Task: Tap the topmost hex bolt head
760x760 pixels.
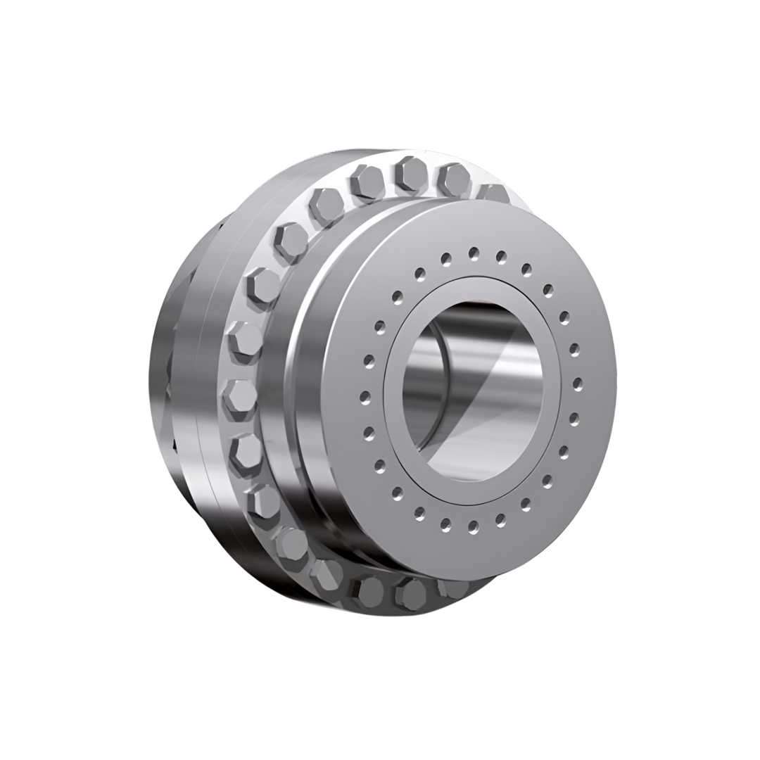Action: pos(411,173)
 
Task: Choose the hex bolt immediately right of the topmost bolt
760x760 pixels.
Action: pos(455,179)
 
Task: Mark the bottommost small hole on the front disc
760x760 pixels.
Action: pos(473,527)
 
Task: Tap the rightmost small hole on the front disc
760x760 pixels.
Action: pos(578,384)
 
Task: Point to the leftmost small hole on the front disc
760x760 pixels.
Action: pos(365,397)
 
